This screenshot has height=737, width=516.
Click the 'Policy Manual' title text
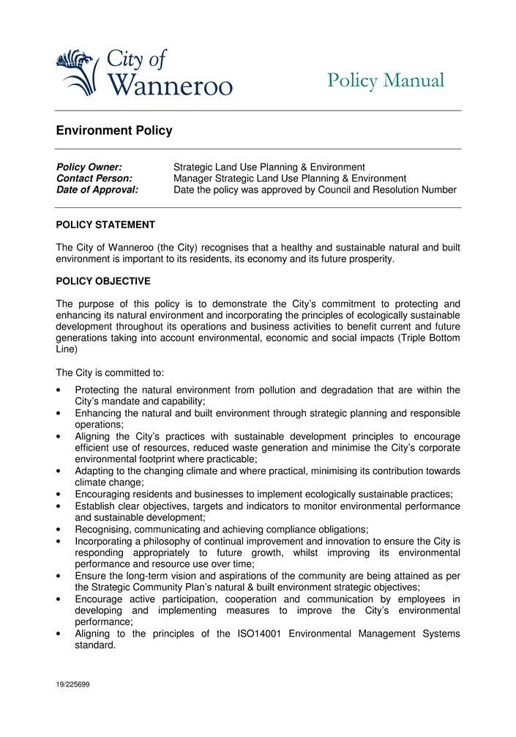[386, 81]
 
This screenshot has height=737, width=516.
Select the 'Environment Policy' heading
[114, 131]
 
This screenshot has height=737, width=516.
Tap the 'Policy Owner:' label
[89, 168]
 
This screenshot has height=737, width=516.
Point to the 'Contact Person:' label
[94, 179]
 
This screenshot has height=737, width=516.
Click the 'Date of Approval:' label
[97, 190]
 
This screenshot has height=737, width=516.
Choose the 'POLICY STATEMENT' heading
[105, 225]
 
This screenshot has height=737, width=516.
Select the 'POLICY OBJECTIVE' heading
[103, 281]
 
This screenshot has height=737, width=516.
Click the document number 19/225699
[72, 684]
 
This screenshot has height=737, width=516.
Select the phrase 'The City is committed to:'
[110, 373]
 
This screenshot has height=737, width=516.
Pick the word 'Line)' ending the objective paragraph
[67, 349]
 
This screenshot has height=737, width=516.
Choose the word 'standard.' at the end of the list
[95, 645]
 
